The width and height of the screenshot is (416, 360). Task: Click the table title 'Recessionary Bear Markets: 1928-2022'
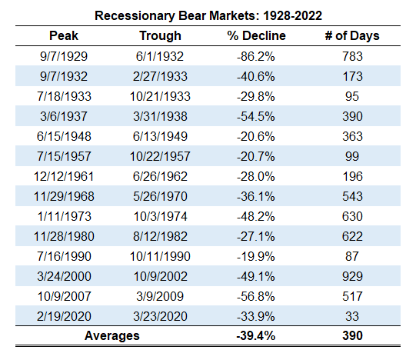pos(208,15)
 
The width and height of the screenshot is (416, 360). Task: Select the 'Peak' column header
pos(64,35)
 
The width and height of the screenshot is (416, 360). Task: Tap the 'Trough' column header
pos(160,36)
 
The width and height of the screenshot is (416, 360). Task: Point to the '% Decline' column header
pos(256,35)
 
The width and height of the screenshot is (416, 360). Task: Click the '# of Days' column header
pos(352,36)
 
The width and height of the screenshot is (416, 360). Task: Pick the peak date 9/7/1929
pos(64,56)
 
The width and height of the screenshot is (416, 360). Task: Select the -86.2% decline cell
pos(256,56)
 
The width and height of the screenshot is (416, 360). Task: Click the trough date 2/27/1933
pos(160,76)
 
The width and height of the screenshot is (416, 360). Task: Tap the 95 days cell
pos(352,96)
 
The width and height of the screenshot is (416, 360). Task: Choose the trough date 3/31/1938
pos(160,116)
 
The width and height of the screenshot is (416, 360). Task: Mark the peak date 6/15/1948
pos(64,136)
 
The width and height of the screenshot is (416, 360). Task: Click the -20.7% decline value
pos(256,156)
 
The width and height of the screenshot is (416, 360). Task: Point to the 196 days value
pos(352,176)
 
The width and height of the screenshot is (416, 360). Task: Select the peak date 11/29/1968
pos(64,196)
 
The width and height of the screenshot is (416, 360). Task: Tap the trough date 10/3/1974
pos(160,216)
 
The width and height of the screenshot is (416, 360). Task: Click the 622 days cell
pos(352,236)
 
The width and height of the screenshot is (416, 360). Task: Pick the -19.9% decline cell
pos(256,256)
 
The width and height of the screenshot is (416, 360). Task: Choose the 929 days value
pos(352,276)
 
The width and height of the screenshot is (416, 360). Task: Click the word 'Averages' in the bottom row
pos(112,336)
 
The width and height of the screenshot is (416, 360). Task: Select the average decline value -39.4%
pos(256,335)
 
